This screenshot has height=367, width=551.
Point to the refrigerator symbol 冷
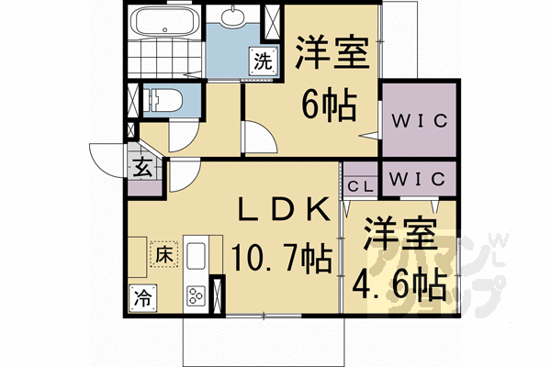143,296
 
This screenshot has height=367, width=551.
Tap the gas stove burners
197,295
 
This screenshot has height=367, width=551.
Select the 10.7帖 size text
282,257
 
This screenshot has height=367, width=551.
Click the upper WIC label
418,120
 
